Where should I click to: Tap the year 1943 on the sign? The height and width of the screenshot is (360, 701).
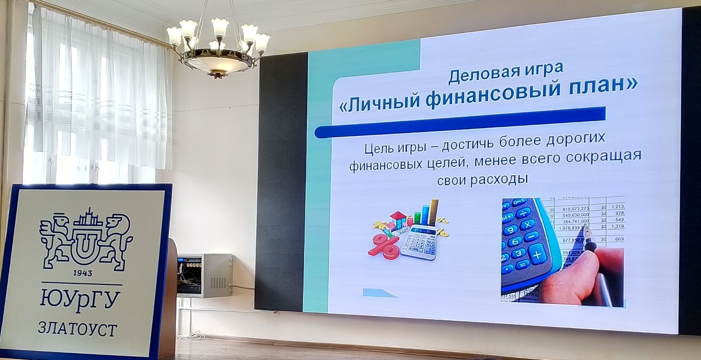coord(83,273)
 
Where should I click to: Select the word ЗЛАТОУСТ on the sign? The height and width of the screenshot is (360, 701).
coord(77,330)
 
